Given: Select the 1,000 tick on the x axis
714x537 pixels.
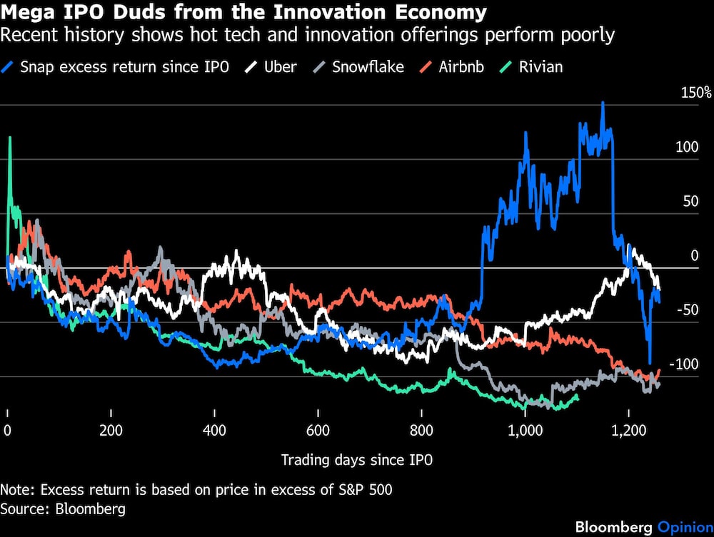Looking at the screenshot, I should tap(525, 431).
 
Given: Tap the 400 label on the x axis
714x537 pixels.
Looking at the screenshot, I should tap(214, 431).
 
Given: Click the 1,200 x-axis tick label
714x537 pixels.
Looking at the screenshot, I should tap(628, 431).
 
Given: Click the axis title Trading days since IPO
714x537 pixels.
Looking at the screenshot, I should tap(357, 460).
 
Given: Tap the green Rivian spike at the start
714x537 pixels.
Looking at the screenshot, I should tap(10, 139).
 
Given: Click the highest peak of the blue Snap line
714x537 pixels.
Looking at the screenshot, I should tap(603, 103).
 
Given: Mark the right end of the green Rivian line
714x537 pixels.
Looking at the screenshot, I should tap(577, 397).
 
